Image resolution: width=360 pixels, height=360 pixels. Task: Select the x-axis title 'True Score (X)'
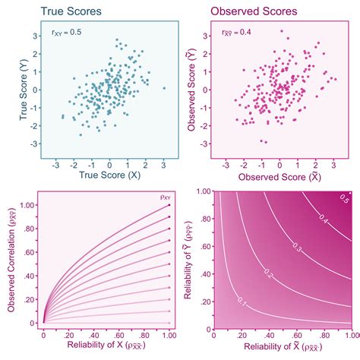point(109,175)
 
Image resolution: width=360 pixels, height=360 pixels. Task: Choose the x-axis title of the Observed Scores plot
point(280,175)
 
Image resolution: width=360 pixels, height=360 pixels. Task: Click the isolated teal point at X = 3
point(163,88)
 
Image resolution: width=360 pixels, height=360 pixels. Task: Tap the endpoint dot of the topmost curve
point(169,205)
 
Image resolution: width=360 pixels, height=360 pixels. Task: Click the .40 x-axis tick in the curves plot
point(93,334)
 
